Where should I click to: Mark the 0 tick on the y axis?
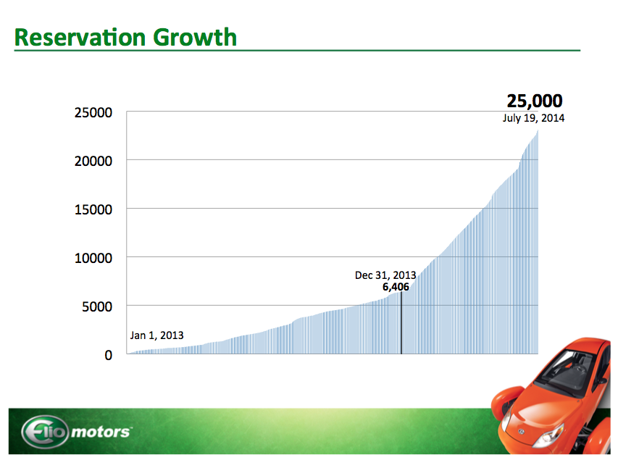coord(108,355)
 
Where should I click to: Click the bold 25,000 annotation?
coord(535,101)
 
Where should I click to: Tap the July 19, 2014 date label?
coord(533,118)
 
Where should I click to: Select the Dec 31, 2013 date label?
coord(385,275)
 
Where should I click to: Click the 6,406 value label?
coord(396,288)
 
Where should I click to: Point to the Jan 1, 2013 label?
coord(156,335)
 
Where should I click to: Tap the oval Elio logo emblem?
coord(44,433)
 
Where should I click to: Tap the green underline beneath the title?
coord(297,51)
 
